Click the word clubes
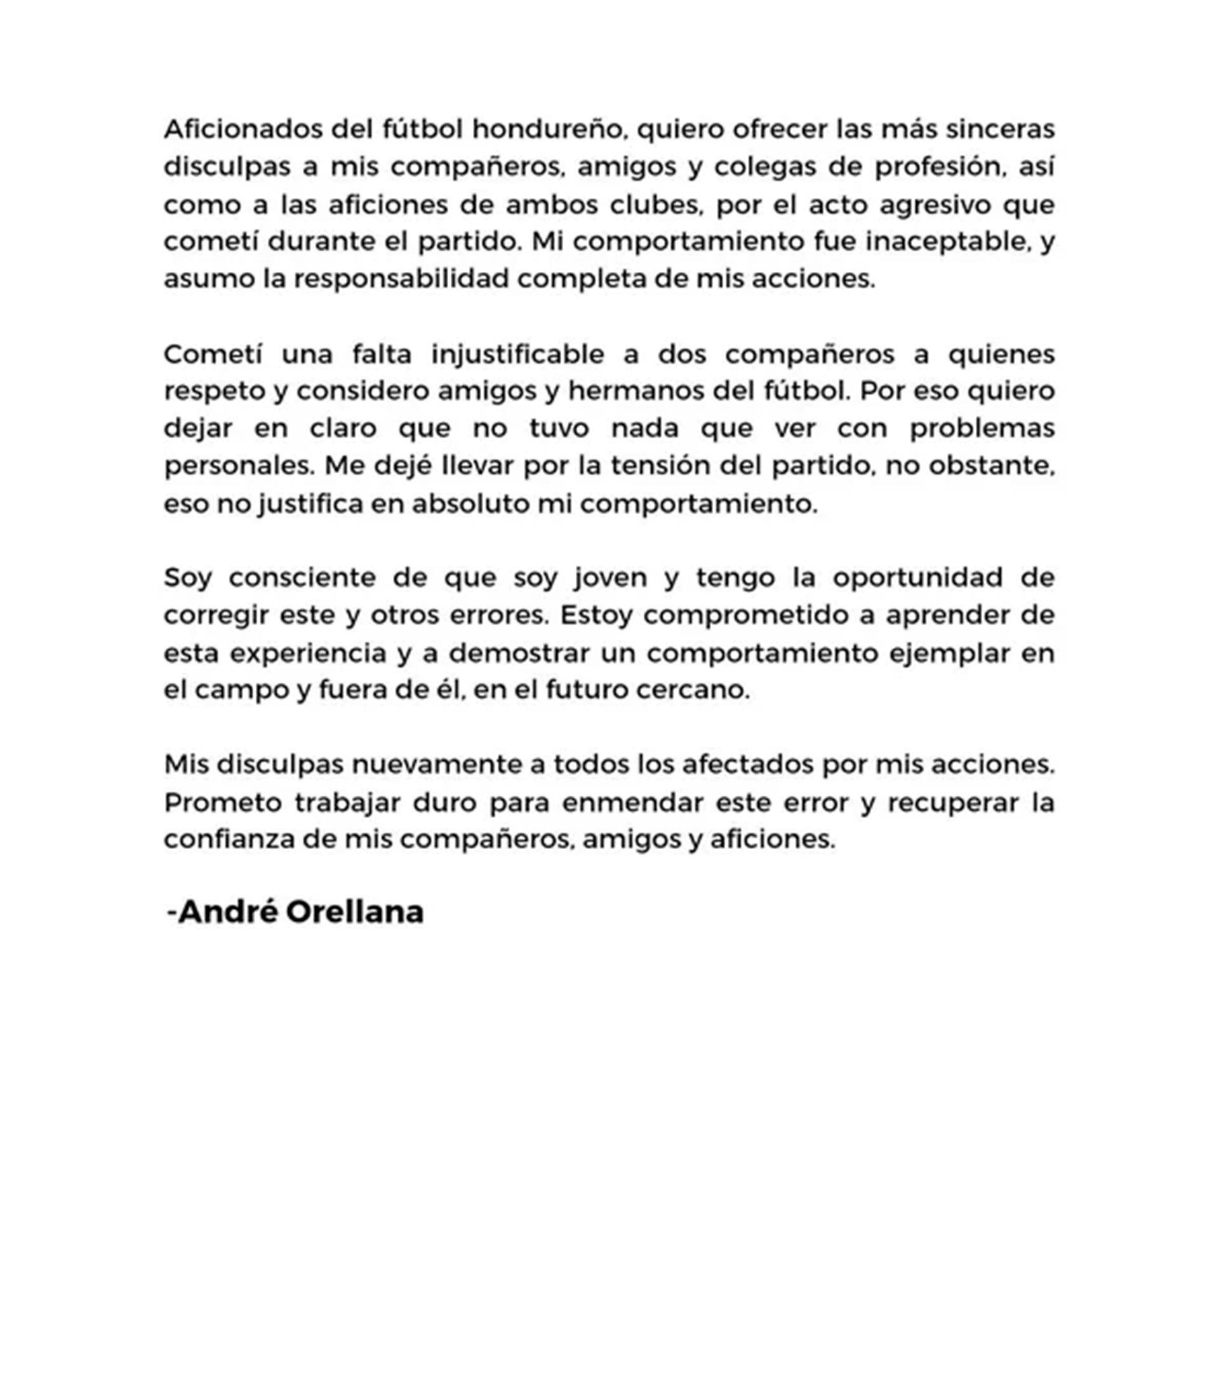pyautogui.click(x=656, y=205)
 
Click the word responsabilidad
pyautogui.click(x=401, y=279)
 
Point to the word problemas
pyautogui.click(x=982, y=429)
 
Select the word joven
pyautogui.click(x=610, y=578)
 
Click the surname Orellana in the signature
pyautogui.click(x=354, y=913)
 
